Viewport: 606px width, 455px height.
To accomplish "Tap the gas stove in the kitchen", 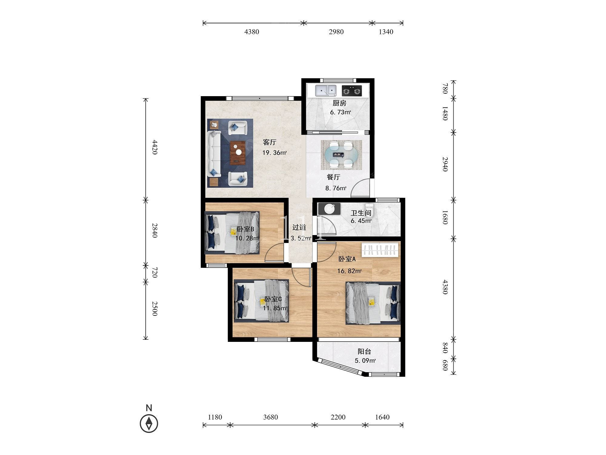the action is pos(352,90).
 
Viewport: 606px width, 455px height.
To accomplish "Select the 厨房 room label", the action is pos(339,103).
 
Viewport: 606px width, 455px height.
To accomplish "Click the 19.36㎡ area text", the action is pos(275,153).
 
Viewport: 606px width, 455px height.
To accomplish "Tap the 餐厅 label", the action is pos(334,177).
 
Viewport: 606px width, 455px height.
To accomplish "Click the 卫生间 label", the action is pos(361,213).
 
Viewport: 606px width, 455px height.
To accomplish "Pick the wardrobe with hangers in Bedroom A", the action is pos(380,250).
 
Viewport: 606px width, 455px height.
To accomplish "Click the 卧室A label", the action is pos(347,259).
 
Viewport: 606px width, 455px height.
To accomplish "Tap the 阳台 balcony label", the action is pos(365,352).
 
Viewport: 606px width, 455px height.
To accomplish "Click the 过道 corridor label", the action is pos(299,227).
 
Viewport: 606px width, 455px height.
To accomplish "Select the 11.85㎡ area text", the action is pos(275,308).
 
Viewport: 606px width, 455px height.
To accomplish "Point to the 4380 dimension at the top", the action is pos(252,32).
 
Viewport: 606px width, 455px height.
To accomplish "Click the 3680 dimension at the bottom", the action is pos(271,417).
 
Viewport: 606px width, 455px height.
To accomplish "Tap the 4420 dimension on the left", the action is pos(155,147).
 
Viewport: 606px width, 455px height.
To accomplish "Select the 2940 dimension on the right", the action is pos(445,164).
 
